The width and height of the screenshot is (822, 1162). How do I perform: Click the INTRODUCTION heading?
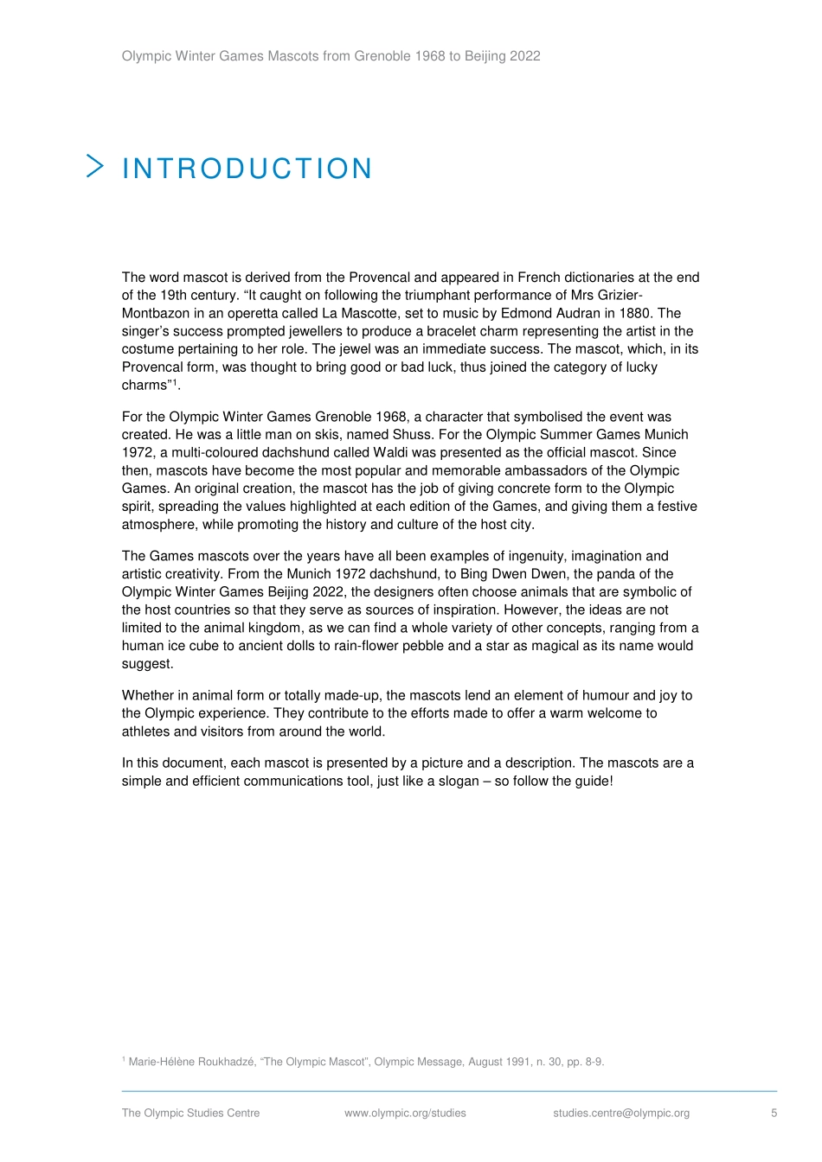click(x=247, y=169)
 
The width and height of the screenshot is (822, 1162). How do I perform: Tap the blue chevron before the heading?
click(x=95, y=166)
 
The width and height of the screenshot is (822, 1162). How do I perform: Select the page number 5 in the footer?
click(x=774, y=1113)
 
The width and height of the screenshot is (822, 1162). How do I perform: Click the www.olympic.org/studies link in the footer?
click(x=405, y=1113)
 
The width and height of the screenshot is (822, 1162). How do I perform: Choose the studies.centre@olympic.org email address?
click(x=621, y=1113)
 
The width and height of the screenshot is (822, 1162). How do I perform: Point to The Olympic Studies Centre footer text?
click(x=190, y=1113)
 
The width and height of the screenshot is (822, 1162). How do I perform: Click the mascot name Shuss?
click(x=411, y=434)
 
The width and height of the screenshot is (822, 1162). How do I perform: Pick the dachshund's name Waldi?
click(x=391, y=452)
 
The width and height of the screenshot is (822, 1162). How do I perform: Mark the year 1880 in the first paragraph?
click(x=636, y=313)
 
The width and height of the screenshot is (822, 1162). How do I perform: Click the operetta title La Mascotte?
click(x=359, y=313)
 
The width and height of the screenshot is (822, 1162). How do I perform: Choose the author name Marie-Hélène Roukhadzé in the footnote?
click(x=191, y=1062)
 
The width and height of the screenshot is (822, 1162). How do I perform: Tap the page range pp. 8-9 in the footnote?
click(x=585, y=1062)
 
